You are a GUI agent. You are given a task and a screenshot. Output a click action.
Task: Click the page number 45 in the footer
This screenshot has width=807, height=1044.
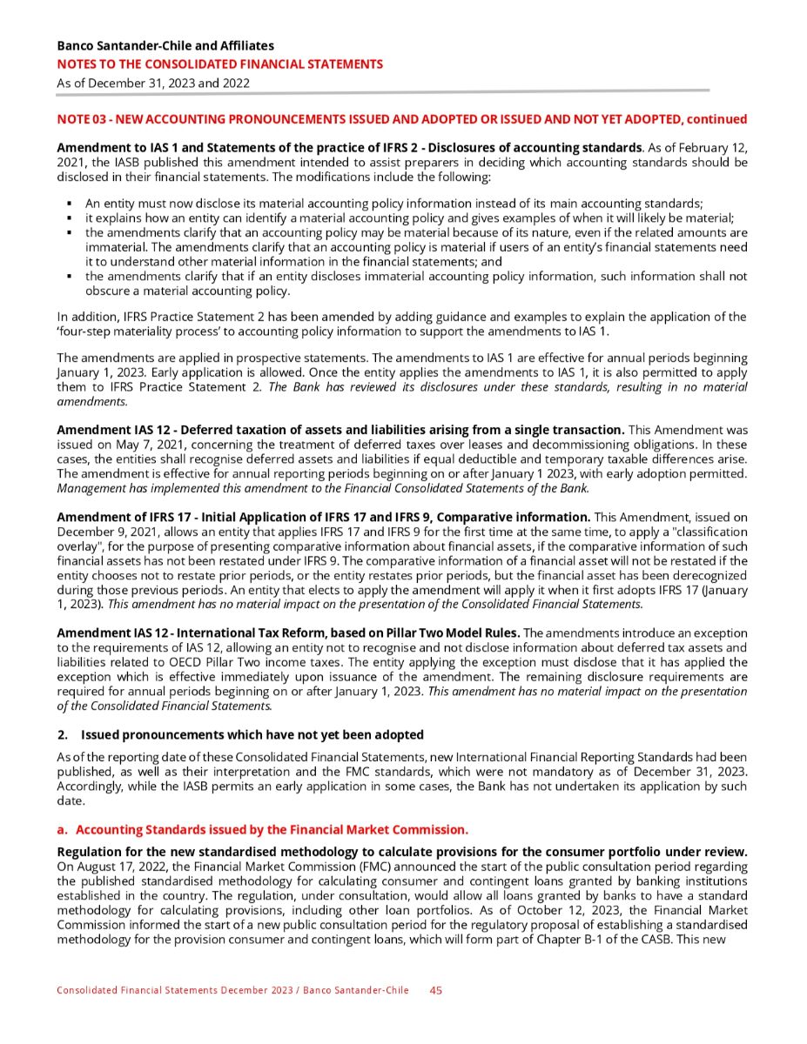point(437,990)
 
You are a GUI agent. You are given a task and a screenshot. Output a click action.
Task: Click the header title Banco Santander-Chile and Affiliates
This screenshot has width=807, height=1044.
point(165,45)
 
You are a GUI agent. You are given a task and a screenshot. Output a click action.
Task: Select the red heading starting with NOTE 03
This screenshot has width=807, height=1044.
point(401,118)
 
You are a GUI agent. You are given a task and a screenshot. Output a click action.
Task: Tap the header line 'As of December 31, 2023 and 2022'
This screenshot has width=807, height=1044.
point(153,84)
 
